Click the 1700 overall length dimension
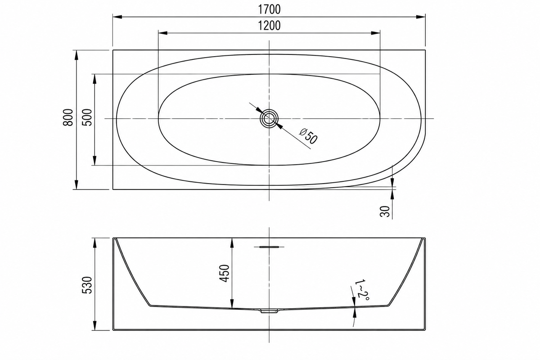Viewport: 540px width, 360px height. click(x=269, y=9)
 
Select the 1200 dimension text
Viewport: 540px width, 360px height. click(x=269, y=26)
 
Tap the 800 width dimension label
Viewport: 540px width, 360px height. click(x=68, y=117)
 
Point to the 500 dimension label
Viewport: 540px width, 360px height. click(x=87, y=117)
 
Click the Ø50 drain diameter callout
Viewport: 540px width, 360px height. click(x=308, y=136)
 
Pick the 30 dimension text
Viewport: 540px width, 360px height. click(x=385, y=211)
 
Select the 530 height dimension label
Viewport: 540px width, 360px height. click(x=87, y=285)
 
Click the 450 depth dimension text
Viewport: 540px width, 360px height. click(x=224, y=274)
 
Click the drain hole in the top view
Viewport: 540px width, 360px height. click(x=269, y=118)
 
